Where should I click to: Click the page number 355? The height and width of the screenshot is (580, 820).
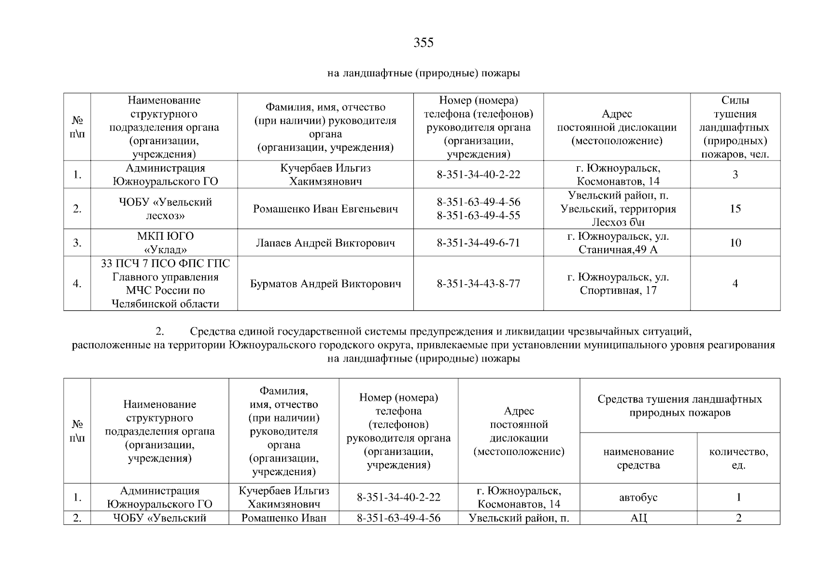[424, 43]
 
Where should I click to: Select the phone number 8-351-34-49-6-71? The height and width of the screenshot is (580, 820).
[478, 243]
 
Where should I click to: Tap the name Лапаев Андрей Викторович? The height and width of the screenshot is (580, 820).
[325, 243]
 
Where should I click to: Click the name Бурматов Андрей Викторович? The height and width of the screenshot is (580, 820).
[325, 284]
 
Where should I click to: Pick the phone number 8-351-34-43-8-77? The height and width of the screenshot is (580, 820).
[478, 284]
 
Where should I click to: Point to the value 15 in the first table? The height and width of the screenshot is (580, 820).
[735, 209]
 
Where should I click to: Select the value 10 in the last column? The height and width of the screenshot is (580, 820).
[735, 243]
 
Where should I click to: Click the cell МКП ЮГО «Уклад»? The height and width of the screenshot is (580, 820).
[165, 243]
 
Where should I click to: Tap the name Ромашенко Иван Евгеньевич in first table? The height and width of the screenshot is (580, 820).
[325, 209]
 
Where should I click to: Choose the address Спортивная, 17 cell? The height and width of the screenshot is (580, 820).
[618, 284]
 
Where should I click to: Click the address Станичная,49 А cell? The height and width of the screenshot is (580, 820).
[618, 243]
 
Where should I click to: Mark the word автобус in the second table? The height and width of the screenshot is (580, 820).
[638, 497]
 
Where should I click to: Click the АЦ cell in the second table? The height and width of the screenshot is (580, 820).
[638, 518]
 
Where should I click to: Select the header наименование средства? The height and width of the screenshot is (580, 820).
[638, 458]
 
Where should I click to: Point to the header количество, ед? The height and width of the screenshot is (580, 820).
[738, 458]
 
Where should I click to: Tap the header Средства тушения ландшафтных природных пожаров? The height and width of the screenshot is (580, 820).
[679, 406]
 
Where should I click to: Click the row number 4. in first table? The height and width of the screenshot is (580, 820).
[77, 284]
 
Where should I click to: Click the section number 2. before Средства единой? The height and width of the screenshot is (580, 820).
[160, 332]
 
